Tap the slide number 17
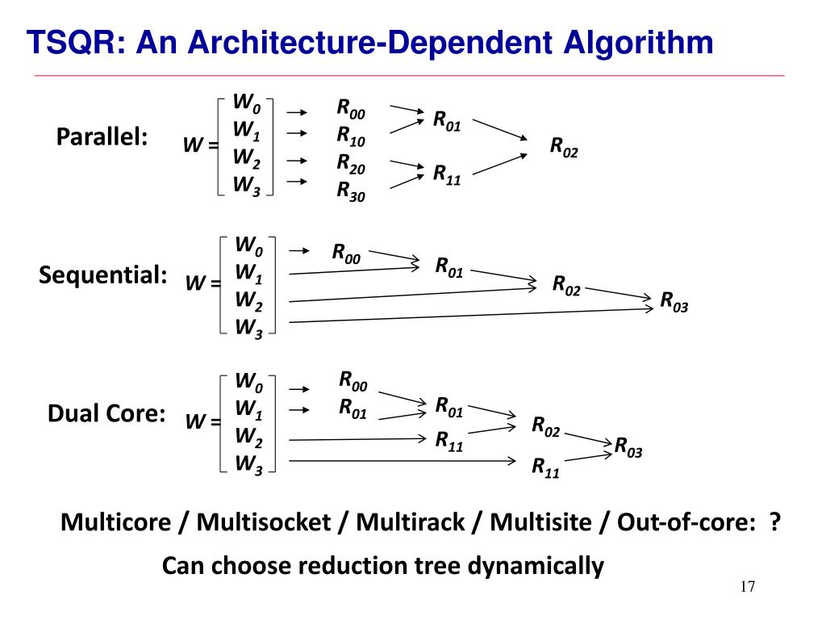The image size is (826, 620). pos(747,587)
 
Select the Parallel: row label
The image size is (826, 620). pos(102,137)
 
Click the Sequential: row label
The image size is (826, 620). pos(102,275)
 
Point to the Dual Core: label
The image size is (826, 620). pos(106,414)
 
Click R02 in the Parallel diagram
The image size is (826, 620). pos(564,147)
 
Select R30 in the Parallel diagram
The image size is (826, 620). pos(351,191)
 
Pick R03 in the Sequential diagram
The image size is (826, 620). pos(674,301)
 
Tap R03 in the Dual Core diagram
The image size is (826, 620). pos(628,446)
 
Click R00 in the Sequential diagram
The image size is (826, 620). pos(346,253)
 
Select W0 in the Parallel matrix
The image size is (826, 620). pos(247,103)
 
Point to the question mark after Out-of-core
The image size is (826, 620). pos(774,522)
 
